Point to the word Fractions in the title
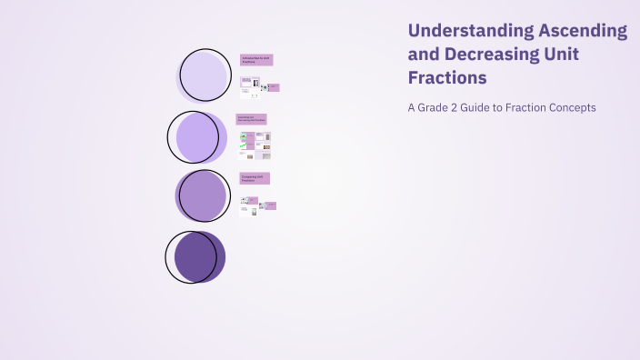447,78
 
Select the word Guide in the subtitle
489,107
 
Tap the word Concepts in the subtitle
573,107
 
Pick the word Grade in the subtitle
436,107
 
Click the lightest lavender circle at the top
204,75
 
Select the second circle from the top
197,137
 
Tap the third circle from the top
202,195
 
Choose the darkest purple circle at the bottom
196,256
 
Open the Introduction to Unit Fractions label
256,60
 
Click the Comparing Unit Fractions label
255,178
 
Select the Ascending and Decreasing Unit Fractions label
252,119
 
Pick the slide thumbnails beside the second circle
255,145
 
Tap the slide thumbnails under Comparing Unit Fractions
257,205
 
